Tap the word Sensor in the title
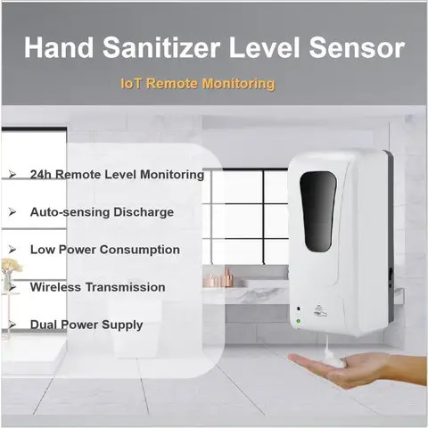click(357, 48)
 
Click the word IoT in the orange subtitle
click(131, 84)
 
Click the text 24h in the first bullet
click(41, 175)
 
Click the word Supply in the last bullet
click(122, 325)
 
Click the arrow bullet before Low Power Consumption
click(12, 250)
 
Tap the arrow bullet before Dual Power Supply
click(12, 325)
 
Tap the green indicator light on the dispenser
click(298, 316)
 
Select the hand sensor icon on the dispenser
click(323, 315)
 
